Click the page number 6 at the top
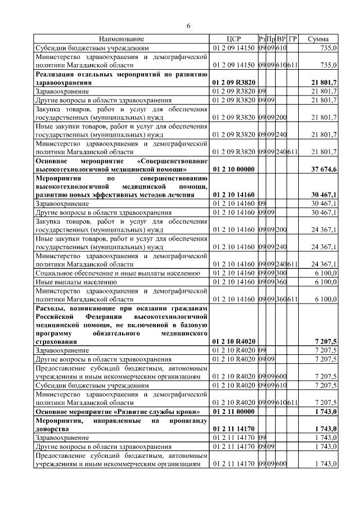click(188, 26)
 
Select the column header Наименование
click(121, 39)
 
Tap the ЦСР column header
click(233, 39)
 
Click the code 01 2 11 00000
click(233, 412)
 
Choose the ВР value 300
click(281, 273)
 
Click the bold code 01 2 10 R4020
click(233, 341)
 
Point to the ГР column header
click(292, 39)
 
